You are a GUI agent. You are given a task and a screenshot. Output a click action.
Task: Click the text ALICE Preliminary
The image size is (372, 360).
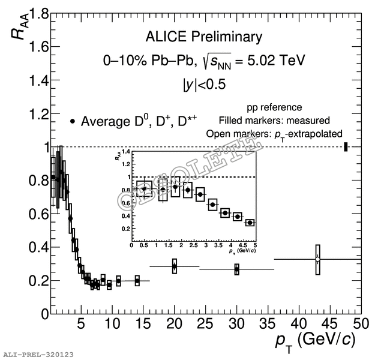click(x=203, y=37)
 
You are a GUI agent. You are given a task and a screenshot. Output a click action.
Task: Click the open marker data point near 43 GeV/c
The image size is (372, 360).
click(x=318, y=259)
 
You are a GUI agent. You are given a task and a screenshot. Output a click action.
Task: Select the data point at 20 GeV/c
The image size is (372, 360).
click(x=175, y=266)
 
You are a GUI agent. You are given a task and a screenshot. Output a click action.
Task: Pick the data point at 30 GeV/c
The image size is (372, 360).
click(x=237, y=269)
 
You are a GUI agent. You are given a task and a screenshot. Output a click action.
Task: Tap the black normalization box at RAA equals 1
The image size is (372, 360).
click(x=346, y=147)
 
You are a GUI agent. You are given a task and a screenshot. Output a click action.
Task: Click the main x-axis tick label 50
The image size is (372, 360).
click(x=360, y=325)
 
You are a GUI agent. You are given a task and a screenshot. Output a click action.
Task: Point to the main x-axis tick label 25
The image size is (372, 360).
click(x=205, y=325)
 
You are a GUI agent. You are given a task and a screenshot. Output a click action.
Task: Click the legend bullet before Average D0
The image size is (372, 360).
click(x=73, y=122)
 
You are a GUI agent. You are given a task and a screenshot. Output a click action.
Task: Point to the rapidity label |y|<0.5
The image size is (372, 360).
click(x=204, y=85)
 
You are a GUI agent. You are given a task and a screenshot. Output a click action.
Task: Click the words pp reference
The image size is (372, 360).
click(x=274, y=107)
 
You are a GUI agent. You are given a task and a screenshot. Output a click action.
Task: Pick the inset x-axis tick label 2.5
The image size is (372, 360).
click(x=194, y=245)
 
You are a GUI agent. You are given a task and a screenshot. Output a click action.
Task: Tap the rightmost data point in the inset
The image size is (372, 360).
click(x=250, y=223)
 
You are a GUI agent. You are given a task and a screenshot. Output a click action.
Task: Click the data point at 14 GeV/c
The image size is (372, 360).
click(x=137, y=280)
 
